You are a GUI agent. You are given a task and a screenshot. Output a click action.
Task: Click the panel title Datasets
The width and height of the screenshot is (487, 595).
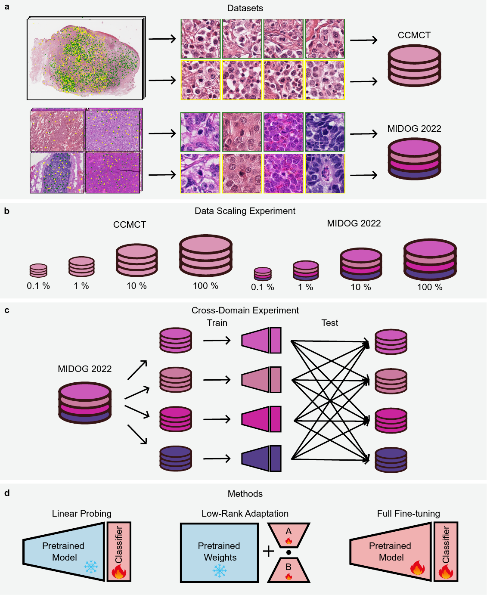click(245, 8)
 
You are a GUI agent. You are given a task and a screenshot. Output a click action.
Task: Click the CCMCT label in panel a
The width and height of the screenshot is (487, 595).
click(414, 35)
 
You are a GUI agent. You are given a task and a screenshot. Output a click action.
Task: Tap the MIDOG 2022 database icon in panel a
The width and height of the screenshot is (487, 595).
click(414, 159)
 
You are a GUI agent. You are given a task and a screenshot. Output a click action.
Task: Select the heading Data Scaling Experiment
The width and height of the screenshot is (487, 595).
click(245, 211)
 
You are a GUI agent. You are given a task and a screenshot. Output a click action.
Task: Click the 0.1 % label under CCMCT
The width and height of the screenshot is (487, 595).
click(38, 286)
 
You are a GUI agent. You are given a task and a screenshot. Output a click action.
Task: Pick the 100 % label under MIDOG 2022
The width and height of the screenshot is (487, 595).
click(430, 287)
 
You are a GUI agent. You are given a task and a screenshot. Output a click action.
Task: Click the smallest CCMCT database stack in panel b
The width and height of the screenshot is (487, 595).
click(38, 270)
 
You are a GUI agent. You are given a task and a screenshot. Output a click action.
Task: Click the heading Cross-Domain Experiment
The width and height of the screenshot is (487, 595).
click(245, 310)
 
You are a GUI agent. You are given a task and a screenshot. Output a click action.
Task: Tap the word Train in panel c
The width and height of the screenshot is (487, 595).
click(217, 323)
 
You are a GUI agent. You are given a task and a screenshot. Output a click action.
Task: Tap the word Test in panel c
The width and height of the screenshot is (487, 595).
click(330, 323)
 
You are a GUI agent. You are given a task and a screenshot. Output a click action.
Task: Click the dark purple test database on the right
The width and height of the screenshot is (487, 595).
click(391, 460)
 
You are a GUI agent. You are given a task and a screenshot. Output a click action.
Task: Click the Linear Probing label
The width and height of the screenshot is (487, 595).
click(82, 514)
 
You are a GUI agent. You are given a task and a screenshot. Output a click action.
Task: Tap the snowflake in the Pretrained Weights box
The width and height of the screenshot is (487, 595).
click(220, 571)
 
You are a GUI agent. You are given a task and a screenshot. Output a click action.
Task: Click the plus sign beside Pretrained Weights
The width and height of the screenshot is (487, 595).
click(268, 551)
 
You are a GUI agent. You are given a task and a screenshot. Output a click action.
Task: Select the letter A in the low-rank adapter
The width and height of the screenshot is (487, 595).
click(288, 531)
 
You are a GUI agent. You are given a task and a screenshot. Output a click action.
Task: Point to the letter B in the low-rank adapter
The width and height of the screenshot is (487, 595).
click(288, 567)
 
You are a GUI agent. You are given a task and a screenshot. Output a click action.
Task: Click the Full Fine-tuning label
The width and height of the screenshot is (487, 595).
click(408, 514)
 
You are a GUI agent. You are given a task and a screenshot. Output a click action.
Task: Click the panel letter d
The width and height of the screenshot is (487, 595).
click(7, 493)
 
